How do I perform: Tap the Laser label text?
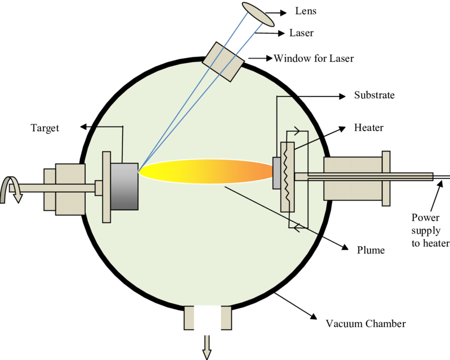pos(301,33)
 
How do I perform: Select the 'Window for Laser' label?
pos(313,58)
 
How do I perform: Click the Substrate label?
pos(374,96)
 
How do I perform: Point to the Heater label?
pos(368,128)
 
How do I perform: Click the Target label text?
pos(45,128)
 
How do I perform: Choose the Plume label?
pos(371,249)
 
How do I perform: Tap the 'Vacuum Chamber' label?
pos(366,323)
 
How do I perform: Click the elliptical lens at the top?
pos(258,14)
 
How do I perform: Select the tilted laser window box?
pos(223,61)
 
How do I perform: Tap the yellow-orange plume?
pos(206,172)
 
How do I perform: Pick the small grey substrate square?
pos(276,173)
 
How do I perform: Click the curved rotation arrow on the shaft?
pos(12,189)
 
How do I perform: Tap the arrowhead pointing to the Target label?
pos(83,127)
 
